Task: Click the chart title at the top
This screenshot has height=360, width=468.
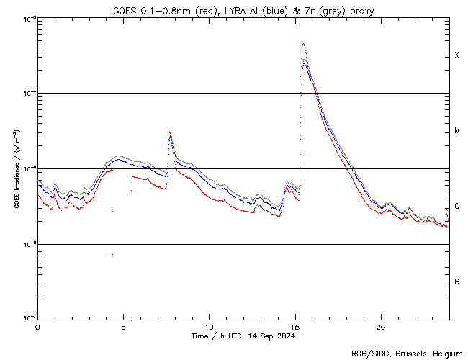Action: (243, 11)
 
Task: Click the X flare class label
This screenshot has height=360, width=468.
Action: (456, 55)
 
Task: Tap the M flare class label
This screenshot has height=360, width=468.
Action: (456, 131)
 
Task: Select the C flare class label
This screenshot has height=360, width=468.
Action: (456, 206)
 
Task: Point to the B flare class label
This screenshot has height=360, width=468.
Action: (456, 282)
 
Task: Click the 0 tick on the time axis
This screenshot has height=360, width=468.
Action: (37, 327)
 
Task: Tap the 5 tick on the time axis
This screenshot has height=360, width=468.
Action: (123, 327)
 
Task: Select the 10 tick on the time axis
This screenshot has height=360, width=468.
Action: (209, 327)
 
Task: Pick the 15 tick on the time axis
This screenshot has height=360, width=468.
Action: (294, 327)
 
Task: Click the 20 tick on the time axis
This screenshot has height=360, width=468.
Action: (380, 327)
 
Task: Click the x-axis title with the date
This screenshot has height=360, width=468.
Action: (243, 336)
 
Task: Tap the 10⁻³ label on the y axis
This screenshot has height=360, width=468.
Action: (29, 19)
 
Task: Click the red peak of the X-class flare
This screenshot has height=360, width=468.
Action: (304, 44)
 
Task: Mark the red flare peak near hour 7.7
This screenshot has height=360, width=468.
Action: (170, 132)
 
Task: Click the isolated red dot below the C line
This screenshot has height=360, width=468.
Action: (112, 255)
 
